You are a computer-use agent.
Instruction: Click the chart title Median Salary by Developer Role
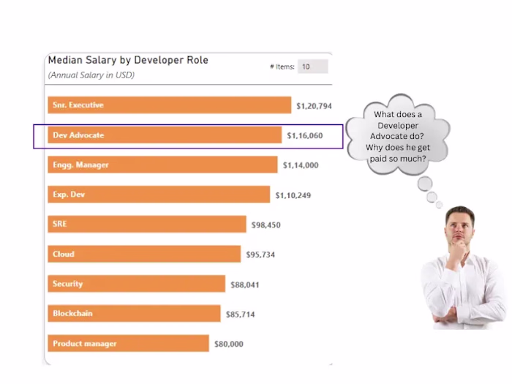(x=128, y=60)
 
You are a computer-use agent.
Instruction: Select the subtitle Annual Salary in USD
(x=91, y=75)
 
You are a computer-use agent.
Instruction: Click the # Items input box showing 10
(x=312, y=67)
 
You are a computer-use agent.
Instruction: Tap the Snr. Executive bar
(x=169, y=105)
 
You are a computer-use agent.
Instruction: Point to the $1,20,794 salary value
(x=314, y=106)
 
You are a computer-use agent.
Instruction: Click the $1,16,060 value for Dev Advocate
(x=304, y=136)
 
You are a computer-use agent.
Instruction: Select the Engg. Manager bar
(x=162, y=165)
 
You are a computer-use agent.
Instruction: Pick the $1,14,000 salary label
(x=301, y=166)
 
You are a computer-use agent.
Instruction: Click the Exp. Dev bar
(x=159, y=195)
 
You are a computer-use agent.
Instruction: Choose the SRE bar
(x=147, y=225)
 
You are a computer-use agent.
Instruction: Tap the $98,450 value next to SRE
(x=266, y=225)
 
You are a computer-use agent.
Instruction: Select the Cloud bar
(x=144, y=255)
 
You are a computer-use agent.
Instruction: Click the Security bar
(x=137, y=284)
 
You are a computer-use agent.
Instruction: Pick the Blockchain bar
(x=134, y=314)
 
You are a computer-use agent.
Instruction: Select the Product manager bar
(x=129, y=344)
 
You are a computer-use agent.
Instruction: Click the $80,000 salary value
(x=228, y=345)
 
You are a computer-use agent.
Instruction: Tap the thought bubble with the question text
(x=398, y=135)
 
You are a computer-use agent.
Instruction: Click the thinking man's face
(x=459, y=229)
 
